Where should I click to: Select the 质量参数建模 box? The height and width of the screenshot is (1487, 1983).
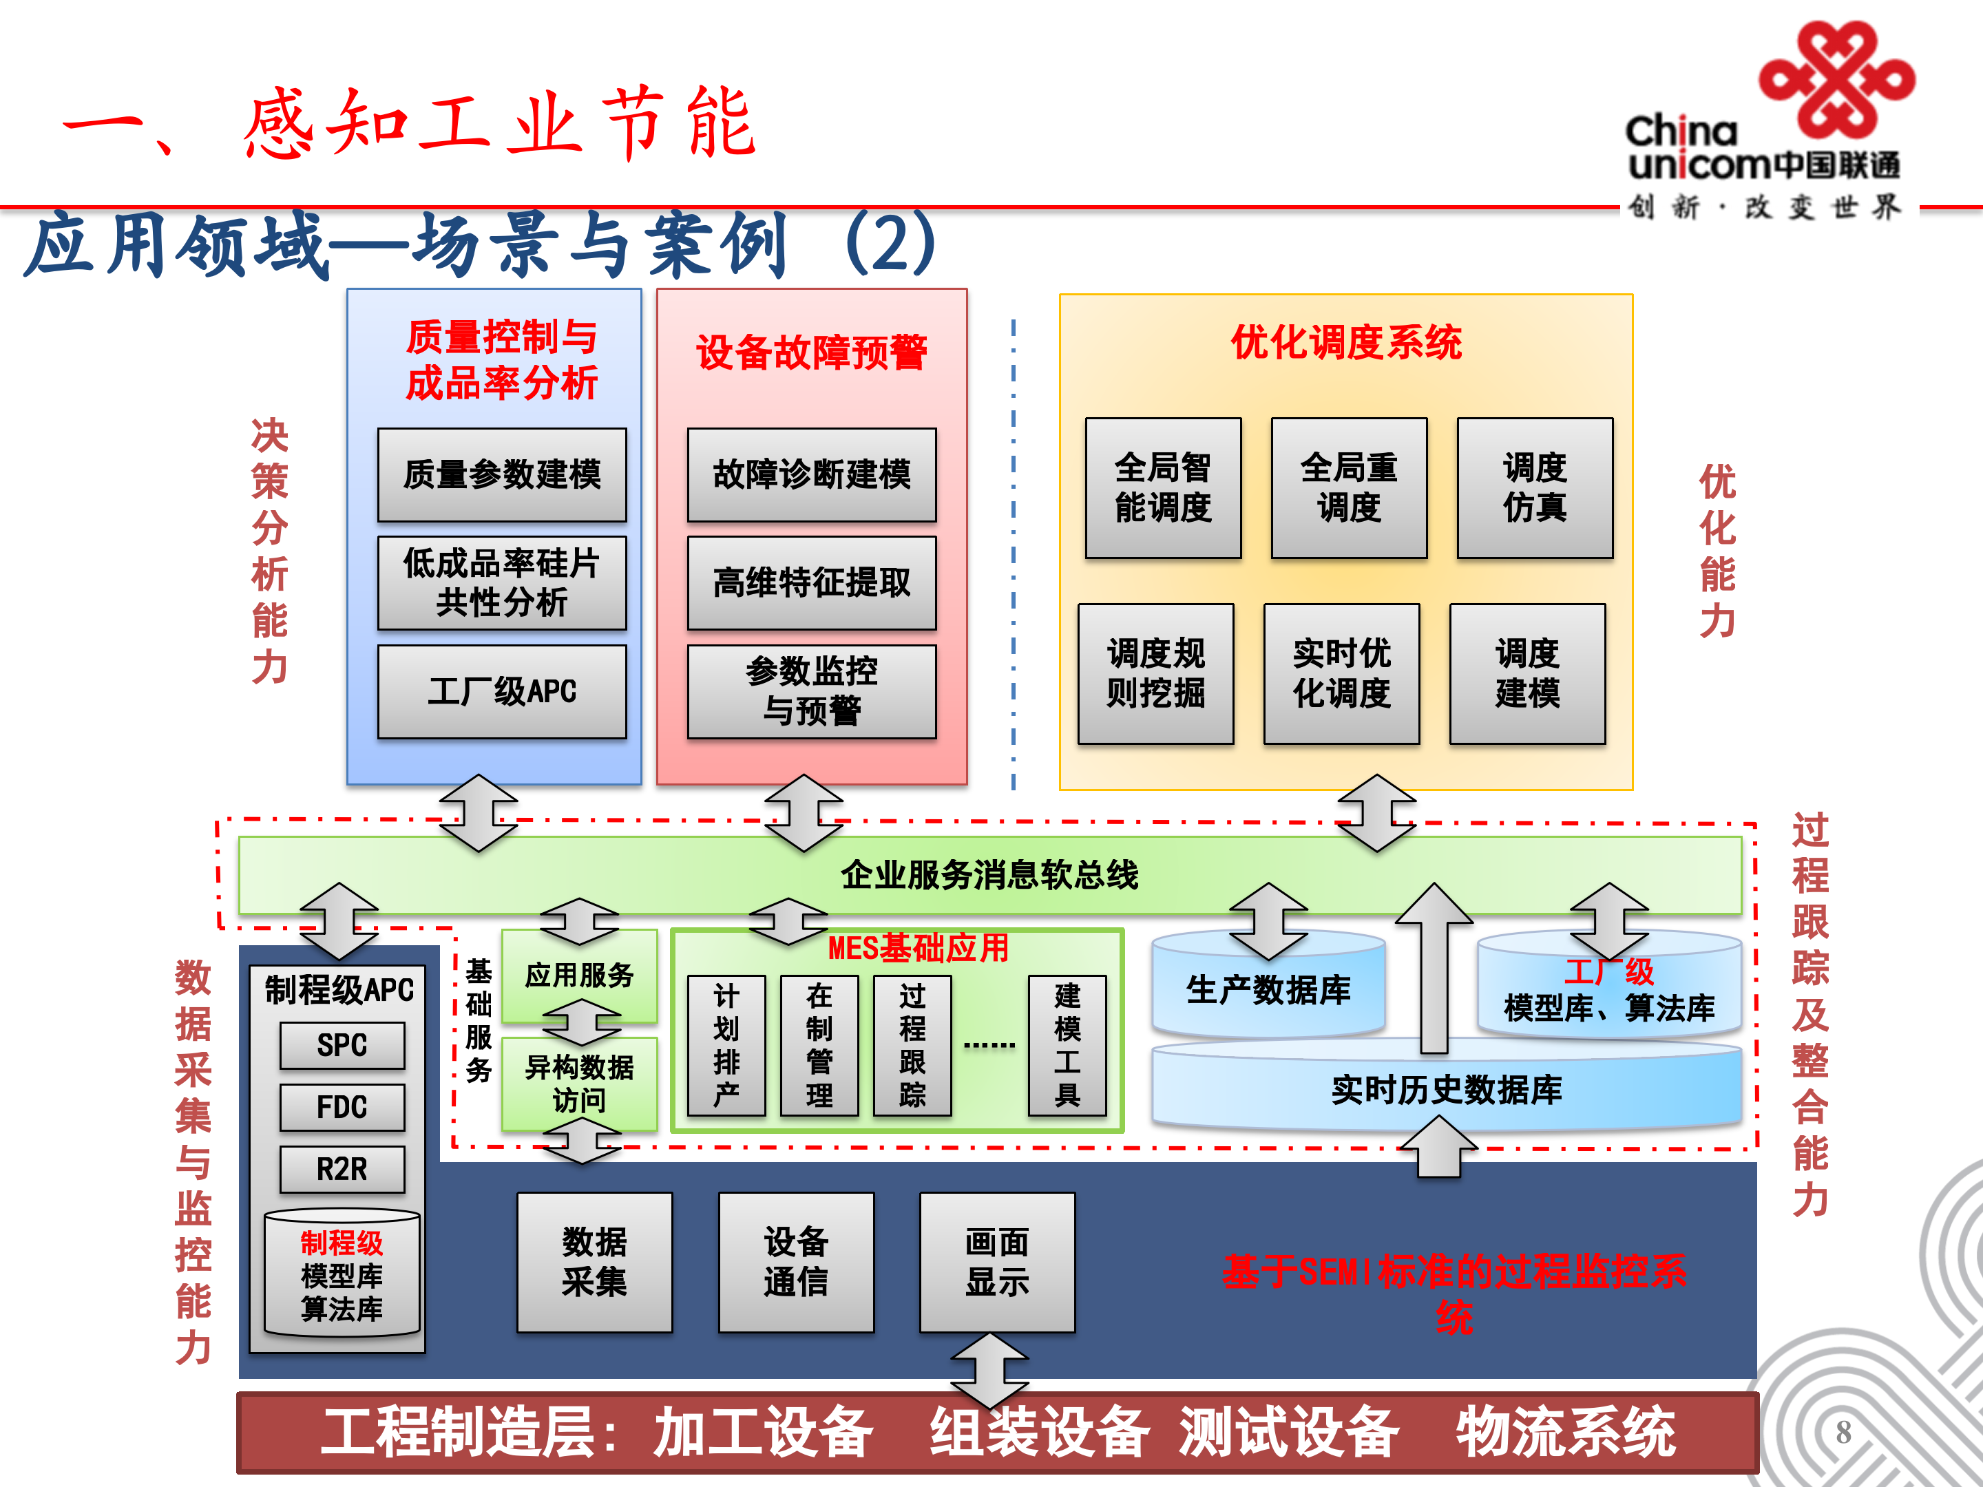(x=502, y=474)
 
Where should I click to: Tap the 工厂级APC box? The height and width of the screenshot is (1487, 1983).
(x=502, y=691)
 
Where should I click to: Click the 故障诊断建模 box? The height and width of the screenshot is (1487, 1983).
(x=811, y=474)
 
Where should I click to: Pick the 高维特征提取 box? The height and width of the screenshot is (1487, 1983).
(x=811, y=582)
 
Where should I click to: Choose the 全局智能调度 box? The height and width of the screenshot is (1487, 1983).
(x=1163, y=487)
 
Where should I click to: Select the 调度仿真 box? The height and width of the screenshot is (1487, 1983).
(x=1535, y=487)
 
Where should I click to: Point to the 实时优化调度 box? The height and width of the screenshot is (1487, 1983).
(x=1341, y=673)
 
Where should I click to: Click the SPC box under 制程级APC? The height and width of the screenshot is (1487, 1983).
(x=342, y=1045)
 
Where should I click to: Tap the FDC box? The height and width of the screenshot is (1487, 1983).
(x=342, y=1107)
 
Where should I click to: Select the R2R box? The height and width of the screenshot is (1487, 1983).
(x=342, y=1169)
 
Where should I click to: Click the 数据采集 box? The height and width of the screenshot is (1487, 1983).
(x=594, y=1262)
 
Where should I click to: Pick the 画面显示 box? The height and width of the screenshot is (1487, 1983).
(x=997, y=1262)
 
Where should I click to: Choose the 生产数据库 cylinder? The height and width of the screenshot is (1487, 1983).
(x=1268, y=989)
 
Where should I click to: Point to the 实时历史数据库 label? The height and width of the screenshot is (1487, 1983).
(x=1446, y=1090)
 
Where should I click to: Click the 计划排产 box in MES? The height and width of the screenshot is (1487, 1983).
(x=726, y=1045)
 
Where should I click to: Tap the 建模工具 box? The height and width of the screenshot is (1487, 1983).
(x=1067, y=1045)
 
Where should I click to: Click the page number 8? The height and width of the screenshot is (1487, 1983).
(x=1843, y=1433)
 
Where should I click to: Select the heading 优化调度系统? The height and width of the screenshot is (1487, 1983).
(x=1345, y=342)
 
